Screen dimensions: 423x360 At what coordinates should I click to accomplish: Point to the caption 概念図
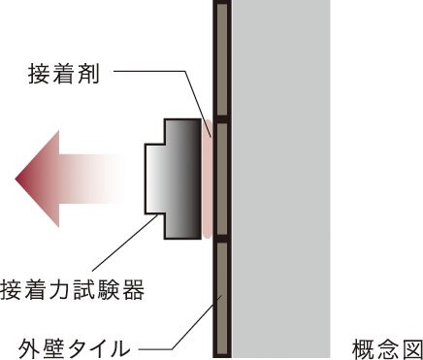384,347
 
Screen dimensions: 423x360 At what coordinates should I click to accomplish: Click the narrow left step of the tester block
154,179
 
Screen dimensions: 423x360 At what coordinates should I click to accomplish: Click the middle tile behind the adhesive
222,179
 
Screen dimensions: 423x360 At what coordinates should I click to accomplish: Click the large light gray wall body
281,179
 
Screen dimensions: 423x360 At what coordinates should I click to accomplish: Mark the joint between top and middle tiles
222,118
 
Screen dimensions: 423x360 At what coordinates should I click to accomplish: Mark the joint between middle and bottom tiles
222,239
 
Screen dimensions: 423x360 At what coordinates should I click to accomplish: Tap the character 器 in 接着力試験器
132,288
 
